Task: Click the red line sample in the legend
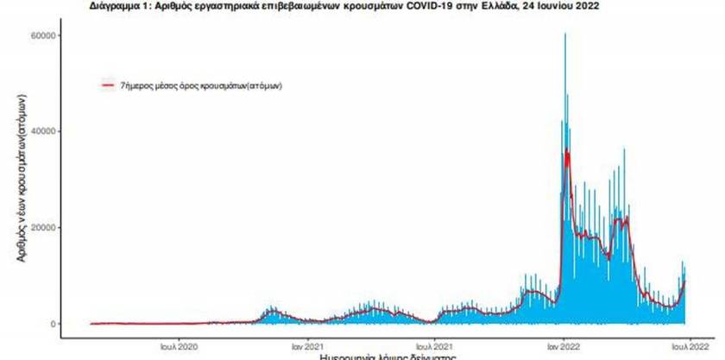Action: (108, 85)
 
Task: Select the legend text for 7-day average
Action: (202, 85)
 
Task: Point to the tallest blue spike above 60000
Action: (565, 36)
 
